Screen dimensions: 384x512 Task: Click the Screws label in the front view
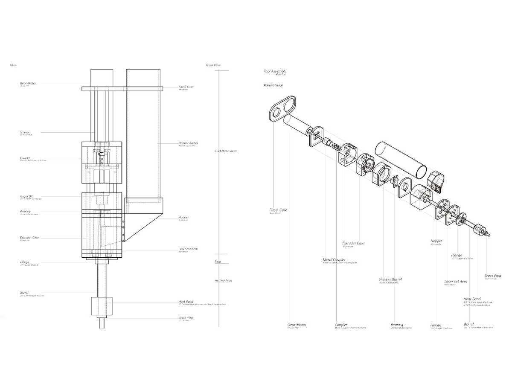[x=25, y=133]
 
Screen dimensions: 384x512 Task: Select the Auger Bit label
[x=26, y=196]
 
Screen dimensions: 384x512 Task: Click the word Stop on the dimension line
[x=218, y=262]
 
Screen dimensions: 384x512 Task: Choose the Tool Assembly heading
[x=275, y=71]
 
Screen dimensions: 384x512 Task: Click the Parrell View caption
[x=273, y=85]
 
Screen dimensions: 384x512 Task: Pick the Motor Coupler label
[x=334, y=259]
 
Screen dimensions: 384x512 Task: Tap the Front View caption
[x=213, y=65]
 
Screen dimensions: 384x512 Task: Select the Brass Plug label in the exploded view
[x=492, y=276]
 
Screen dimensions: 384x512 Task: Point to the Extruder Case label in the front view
[x=29, y=237]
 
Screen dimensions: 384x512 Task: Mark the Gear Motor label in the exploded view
[x=297, y=325]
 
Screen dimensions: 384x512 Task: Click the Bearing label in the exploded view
[x=397, y=325]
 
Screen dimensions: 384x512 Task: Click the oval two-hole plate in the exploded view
[x=282, y=107]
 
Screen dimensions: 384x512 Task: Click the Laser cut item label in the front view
[x=188, y=249]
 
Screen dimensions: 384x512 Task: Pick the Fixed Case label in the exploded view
[x=278, y=210]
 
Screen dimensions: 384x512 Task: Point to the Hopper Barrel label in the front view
[x=188, y=143]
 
